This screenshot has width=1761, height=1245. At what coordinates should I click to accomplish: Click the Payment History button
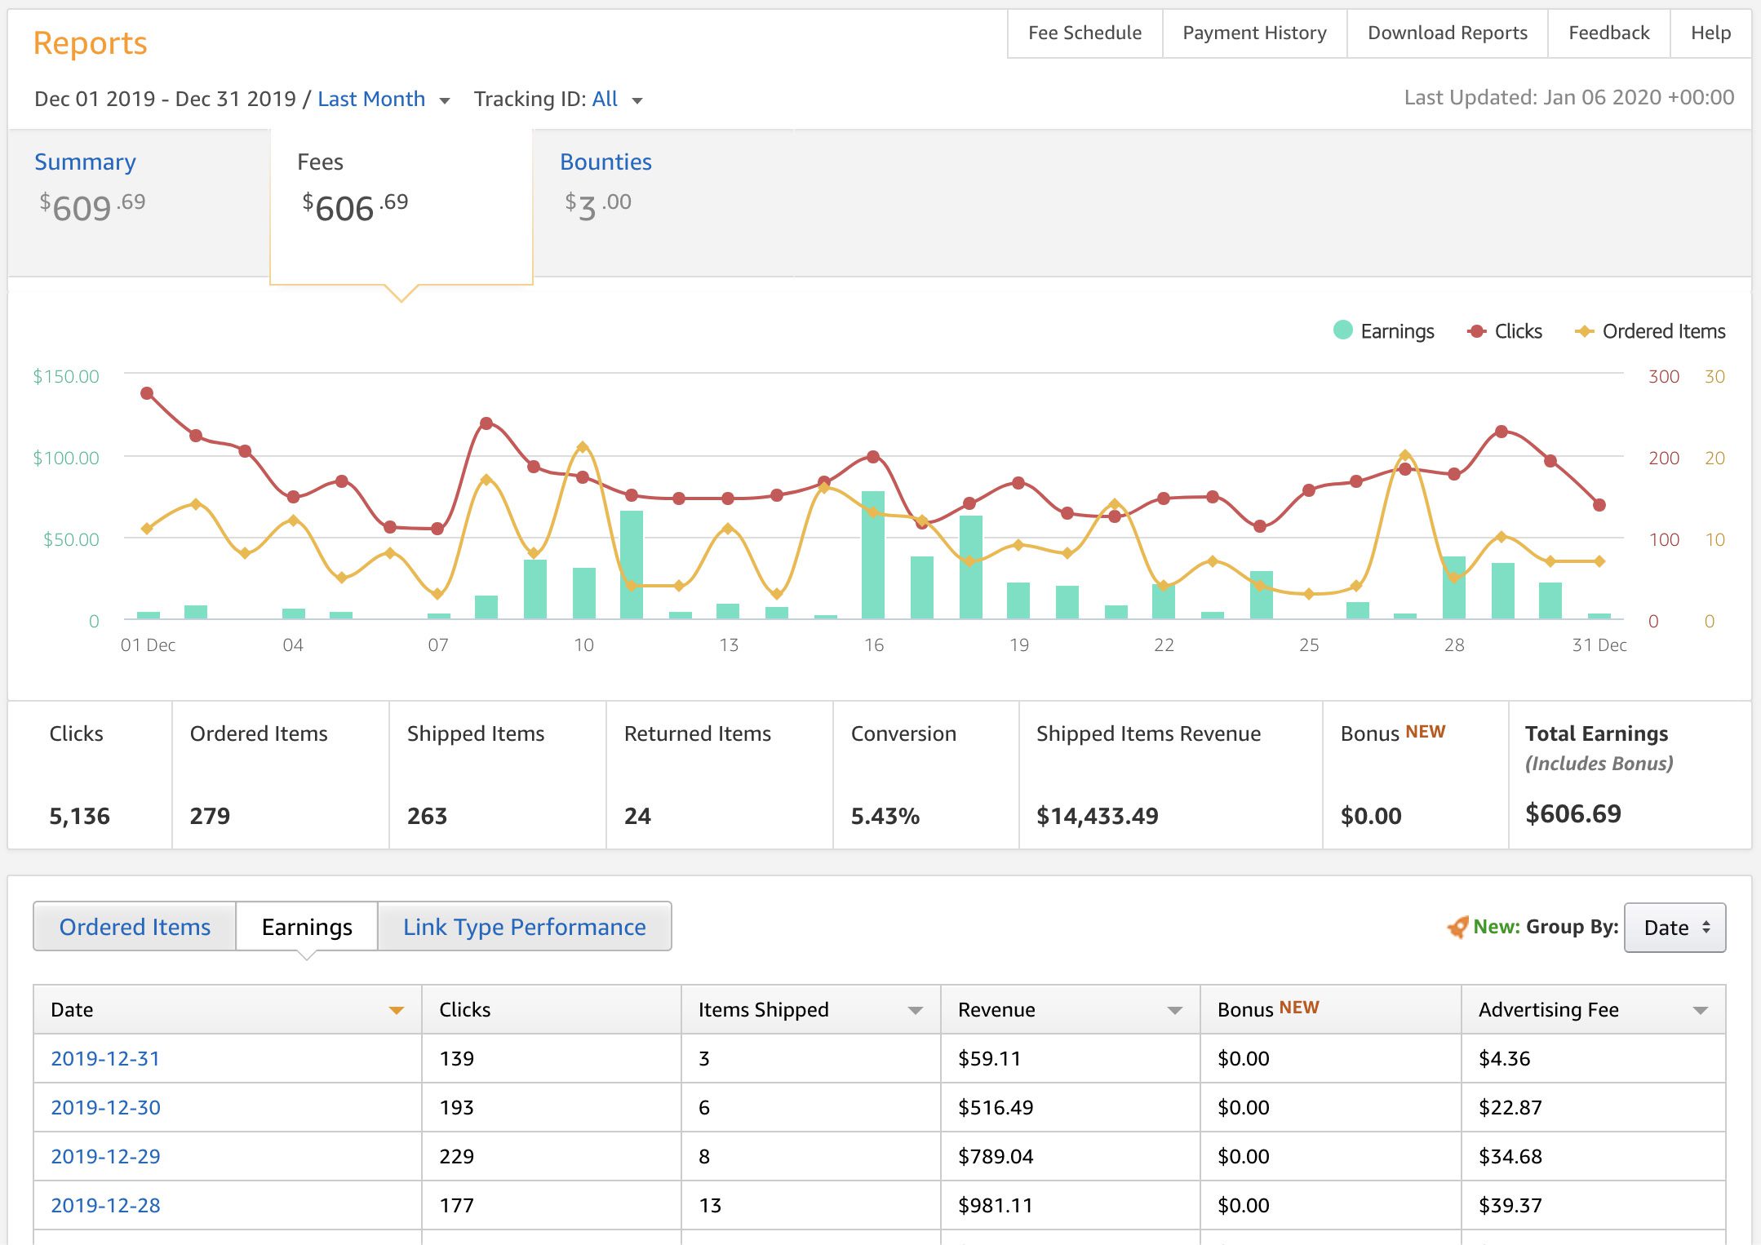pos(1254,33)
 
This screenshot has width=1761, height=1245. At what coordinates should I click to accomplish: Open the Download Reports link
pos(1447,33)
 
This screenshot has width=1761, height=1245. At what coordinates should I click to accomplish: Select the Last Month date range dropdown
pos(383,100)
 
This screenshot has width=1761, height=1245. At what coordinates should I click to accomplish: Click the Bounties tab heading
pos(605,162)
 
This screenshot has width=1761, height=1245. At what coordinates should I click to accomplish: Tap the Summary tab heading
pos(85,162)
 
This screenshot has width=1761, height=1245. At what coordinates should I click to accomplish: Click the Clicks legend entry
pos(1506,331)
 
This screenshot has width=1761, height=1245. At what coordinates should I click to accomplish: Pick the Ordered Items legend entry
pos(1651,331)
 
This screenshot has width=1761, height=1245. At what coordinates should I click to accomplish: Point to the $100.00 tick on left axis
pos(66,458)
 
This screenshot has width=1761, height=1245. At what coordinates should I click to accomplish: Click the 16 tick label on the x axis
pos(873,645)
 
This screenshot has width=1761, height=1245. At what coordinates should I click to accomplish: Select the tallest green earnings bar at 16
pos(873,555)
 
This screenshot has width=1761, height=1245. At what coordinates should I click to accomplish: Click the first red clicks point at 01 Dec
pos(147,393)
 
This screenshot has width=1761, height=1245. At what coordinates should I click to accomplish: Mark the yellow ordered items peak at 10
pos(582,447)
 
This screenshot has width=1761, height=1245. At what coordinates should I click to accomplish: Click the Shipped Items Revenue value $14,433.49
pos(1097,815)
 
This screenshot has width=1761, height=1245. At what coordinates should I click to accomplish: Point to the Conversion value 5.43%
pos(885,815)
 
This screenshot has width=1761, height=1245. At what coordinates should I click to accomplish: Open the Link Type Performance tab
pos(524,927)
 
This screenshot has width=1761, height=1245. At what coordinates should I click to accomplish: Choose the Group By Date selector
pos(1675,928)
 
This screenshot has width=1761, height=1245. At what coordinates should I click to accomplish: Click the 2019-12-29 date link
pos(105,1156)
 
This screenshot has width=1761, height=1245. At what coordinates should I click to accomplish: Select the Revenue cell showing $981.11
pos(995,1205)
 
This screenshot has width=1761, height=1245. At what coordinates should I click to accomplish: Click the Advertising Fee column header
pos(1548,1009)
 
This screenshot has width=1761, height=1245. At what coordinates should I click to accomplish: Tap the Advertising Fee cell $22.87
pos(1510,1107)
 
